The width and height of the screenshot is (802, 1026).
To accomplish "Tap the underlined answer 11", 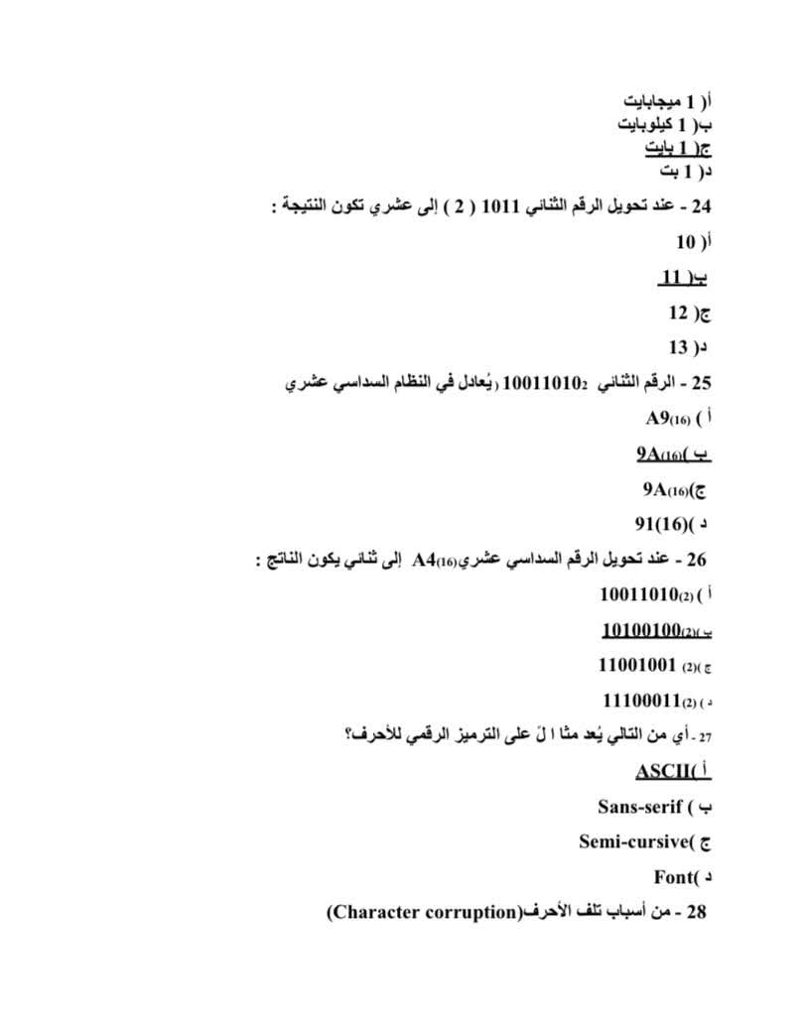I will (672, 277).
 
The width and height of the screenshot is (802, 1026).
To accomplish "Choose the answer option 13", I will (678, 347).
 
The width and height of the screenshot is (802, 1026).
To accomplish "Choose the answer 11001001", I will (636, 665).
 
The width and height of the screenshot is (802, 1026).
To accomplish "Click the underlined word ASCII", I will (660, 771).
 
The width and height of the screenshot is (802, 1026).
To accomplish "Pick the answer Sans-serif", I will (640, 806).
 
